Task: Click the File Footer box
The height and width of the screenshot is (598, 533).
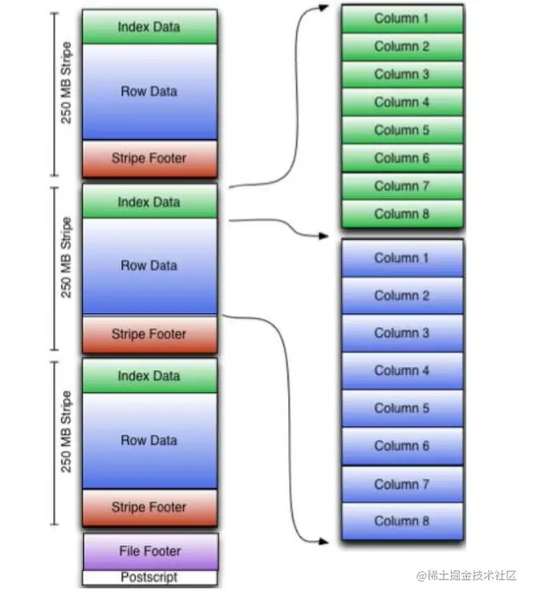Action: click(x=149, y=551)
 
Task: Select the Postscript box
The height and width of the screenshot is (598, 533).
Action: click(x=149, y=578)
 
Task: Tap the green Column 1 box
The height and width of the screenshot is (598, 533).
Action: click(x=402, y=18)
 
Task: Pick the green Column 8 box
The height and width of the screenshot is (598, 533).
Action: click(x=402, y=214)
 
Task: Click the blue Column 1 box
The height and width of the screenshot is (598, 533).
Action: click(x=402, y=258)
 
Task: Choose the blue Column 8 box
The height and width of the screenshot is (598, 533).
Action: click(x=402, y=522)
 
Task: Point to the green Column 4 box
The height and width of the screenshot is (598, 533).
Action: click(x=402, y=102)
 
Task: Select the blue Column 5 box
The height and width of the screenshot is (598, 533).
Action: click(x=402, y=408)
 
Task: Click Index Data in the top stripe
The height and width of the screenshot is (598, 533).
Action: click(x=149, y=27)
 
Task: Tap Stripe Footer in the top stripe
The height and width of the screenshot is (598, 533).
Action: click(x=149, y=159)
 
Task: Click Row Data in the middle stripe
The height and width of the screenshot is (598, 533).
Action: click(x=149, y=265)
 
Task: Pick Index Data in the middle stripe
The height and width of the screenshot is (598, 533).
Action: click(x=149, y=202)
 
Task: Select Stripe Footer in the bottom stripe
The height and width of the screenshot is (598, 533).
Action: click(x=149, y=507)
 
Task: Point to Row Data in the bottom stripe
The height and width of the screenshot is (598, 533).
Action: click(x=149, y=440)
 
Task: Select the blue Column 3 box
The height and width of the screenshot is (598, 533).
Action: click(x=402, y=333)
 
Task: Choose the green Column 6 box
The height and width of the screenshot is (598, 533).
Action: click(x=402, y=158)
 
